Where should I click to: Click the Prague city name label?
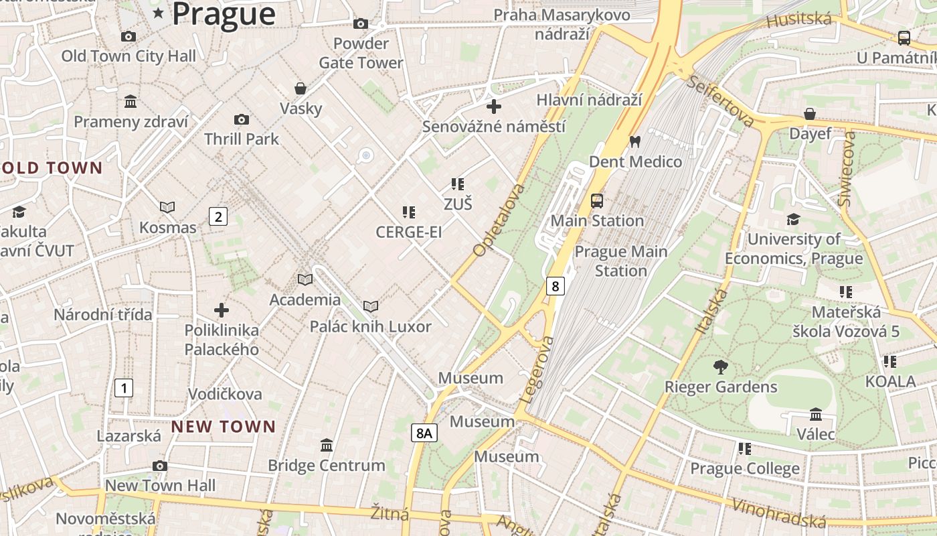(224, 14)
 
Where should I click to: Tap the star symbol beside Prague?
(159, 13)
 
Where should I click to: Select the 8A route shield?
(424, 433)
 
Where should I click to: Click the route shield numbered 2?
(218, 216)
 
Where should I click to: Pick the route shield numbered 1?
(123, 387)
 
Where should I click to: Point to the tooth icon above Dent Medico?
(635, 142)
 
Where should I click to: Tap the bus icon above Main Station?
(596, 201)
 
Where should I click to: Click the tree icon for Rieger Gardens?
(720, 367)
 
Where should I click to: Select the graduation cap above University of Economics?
(793, 220)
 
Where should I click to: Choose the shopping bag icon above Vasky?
(301, 88)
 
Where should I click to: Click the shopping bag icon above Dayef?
(810, 114)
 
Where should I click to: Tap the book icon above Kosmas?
(167, 208)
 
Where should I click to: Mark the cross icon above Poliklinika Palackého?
(222, 310)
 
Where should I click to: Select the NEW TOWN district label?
(224, 426)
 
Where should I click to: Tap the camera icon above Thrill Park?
(242, 120)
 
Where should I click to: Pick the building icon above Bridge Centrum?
(327, 445)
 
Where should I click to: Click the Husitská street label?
(798, 20)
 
